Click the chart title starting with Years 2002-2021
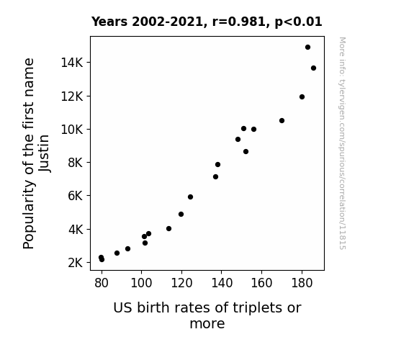point(207,22)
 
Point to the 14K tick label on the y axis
point(72,63)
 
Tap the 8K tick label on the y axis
point(76,163)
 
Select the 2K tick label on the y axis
point(76,263)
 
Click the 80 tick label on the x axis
point(102,283)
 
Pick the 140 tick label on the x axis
point(222,283)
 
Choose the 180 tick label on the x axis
point(302,283)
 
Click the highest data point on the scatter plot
point(307,48)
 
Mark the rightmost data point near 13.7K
point(313,68)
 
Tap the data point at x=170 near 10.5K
point(282,121)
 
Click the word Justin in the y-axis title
point(44,153)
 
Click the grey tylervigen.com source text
point(342,143)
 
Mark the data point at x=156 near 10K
point(253,129)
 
